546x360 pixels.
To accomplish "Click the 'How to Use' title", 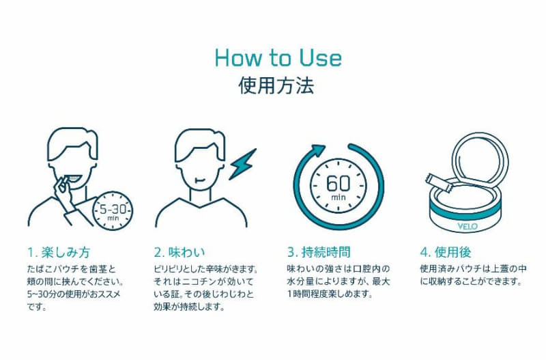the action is click(x=278, y=58).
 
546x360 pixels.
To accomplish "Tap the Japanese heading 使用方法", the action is click(x=276, y=85).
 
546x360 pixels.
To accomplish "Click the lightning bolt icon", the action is click(x=242, y=164).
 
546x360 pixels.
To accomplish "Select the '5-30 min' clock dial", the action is click(x=113, y=211).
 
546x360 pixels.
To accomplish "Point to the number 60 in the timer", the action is click(x=338, y=183).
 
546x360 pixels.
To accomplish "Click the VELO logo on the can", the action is click(x=468, y=227).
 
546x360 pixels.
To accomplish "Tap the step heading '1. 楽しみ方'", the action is click(x=59, y=252).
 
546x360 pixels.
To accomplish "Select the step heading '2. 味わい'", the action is click(x=179, y=252).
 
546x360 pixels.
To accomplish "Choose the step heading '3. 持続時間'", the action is click(x=319, y=252).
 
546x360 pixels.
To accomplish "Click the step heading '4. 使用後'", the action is click(x=446, y=252).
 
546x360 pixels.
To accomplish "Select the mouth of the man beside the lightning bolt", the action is click(x=199, y=180).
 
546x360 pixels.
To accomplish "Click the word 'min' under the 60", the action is click(x=338, y=197).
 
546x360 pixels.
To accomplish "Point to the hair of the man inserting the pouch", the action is click(x=72, y=141).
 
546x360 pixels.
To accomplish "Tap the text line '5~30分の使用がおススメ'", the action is click(x=74, y=294).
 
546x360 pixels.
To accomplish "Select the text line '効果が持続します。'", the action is click(x=189, y=307).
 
